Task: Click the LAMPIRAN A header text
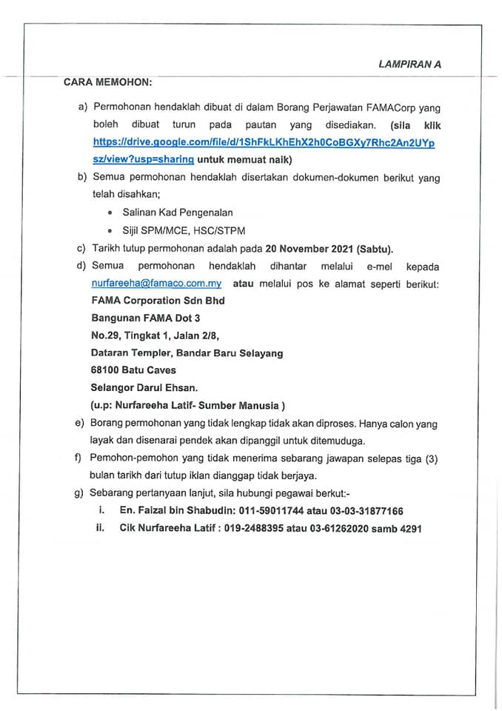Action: pos(409,64)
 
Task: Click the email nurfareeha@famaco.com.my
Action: pos(157,284)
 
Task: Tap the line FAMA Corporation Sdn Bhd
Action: pos(158,301)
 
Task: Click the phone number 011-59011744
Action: pos(260,511)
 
